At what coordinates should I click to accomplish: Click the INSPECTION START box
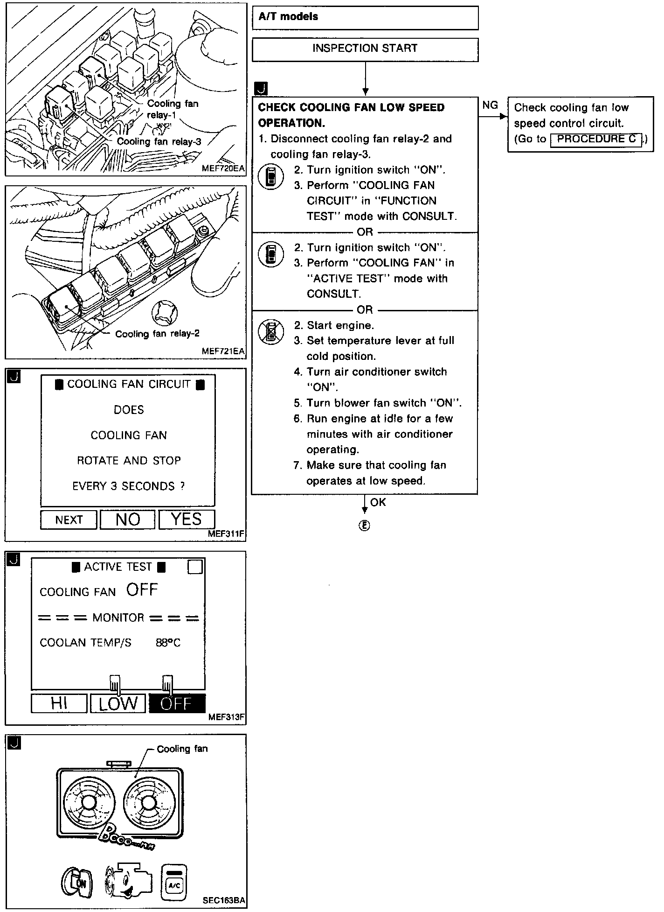pos(365,49)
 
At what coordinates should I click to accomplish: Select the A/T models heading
pos(288,17)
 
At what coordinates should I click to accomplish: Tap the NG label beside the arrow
pos(490,105)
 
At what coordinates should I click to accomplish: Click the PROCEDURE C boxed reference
pos(596,139)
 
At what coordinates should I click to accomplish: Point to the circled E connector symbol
pos(365,526)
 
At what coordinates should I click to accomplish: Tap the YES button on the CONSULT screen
pos(187,519)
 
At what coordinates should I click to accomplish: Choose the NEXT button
pos(69,520)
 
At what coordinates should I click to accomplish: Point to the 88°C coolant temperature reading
pos(168,643)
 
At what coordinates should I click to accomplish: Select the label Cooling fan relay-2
pos(157,334)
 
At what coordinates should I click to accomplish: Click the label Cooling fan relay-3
pos(159,142)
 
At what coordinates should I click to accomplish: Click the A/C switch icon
pos(174,882)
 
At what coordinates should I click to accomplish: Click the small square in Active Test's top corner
pos(195,567)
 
